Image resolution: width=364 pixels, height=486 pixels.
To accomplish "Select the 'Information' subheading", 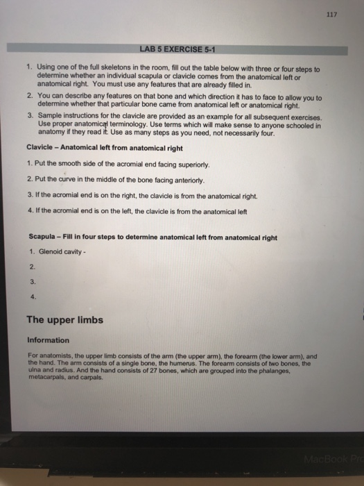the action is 48,340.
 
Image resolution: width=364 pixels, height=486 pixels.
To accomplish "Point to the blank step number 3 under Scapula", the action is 32,282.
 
